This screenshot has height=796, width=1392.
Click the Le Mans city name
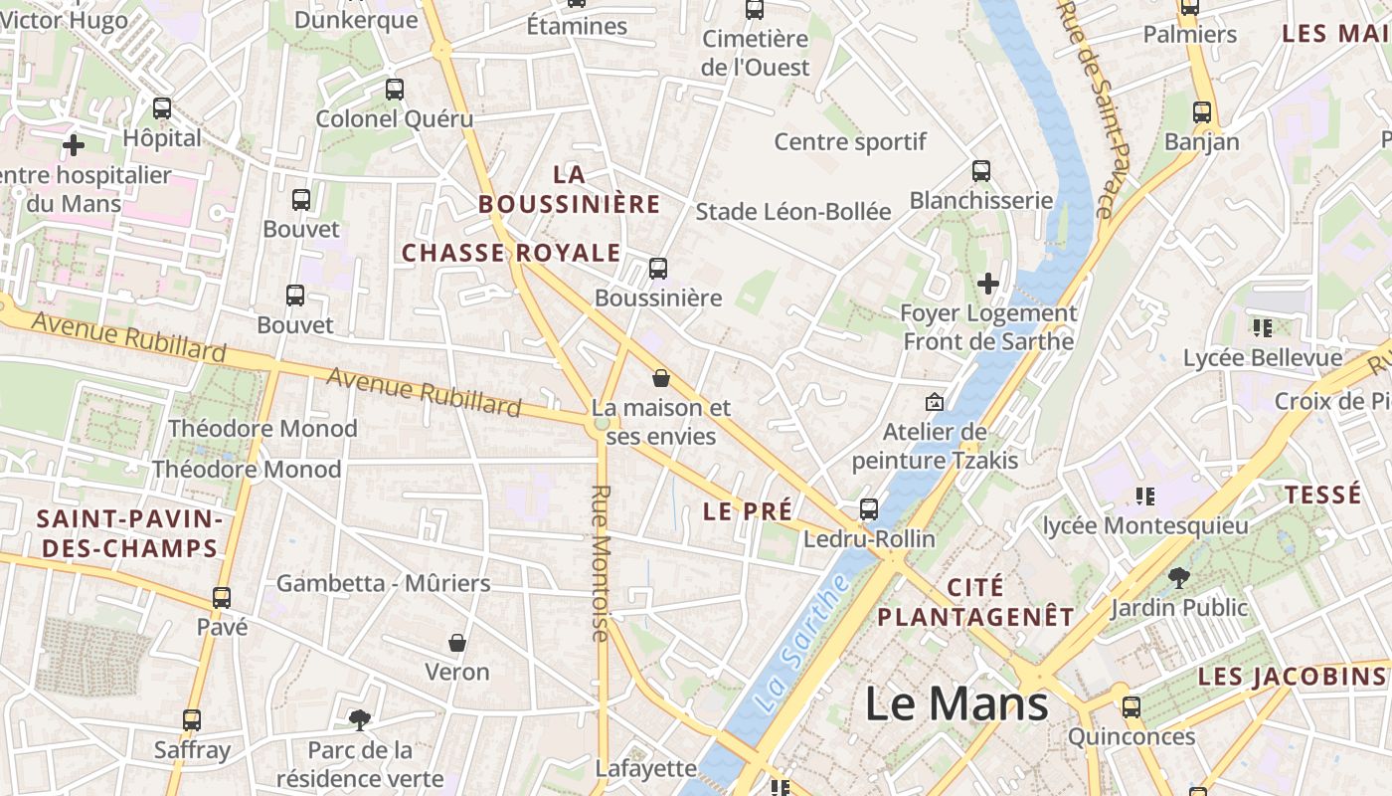coord(957,704)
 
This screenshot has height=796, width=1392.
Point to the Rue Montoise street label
coord(601,562)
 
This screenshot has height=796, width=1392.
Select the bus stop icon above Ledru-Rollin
coord(868,509)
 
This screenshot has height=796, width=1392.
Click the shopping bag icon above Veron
coord(457,643)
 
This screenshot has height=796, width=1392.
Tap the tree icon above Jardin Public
coord(1178,577)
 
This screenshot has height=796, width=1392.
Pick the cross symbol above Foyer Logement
coord(987,284)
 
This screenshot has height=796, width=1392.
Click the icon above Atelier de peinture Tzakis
coord(934,402)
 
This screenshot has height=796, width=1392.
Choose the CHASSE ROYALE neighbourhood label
coord(511,253)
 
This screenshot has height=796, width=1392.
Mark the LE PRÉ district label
coord(748,511)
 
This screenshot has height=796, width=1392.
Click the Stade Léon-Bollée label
coord(793,211)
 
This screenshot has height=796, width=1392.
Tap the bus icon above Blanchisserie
coord(981,170)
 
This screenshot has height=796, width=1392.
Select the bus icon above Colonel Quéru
coord(395,90)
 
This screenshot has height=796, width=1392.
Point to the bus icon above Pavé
coord(222,598)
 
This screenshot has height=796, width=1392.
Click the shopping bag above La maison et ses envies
coord(661,378)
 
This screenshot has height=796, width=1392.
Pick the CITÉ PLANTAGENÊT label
coord(975,602)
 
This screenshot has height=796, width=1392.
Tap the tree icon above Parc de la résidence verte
coord(359,719)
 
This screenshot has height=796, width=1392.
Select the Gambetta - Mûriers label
coord(384,583)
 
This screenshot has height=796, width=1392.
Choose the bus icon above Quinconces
coord(1131,707)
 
